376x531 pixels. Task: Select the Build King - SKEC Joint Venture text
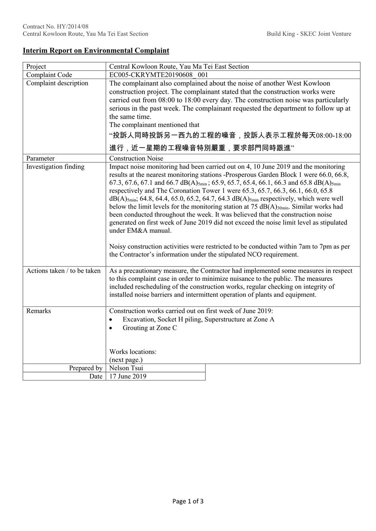click(309, 34)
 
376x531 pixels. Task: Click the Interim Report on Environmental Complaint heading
click(96, 51)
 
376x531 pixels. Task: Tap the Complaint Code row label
click(49, 75)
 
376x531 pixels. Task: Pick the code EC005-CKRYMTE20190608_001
click(158, 75)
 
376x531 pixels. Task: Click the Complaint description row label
click(57, 83)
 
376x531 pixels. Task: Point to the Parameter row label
click(40, 158)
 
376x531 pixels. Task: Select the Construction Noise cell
click(136, 158)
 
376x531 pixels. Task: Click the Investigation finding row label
click(55, 166)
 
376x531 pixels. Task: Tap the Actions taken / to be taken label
click(63, 270)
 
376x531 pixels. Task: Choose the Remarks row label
click(38, 311)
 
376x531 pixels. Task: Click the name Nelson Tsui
click(126, 368)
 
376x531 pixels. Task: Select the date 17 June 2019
click(128, 376)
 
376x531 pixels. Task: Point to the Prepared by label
click(85, 368)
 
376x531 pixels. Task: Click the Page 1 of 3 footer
click(188, 501)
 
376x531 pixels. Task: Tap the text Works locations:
click(133, 351)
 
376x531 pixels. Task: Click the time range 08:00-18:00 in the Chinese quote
click(333, 136)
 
